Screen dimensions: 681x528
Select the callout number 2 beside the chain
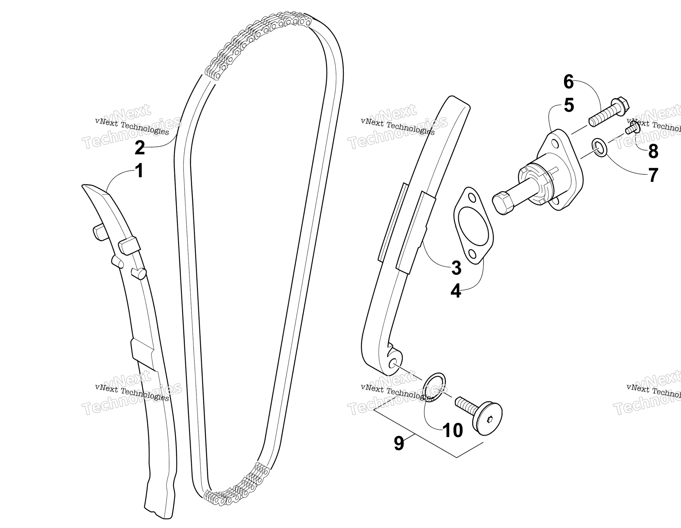click(x=140, y=147)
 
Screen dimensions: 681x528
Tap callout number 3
click(x=456, y=268)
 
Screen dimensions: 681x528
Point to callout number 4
click(x=456, y=291)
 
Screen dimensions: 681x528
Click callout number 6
click(x=569, y=82)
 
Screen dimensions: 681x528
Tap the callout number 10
click(x=452, y=431)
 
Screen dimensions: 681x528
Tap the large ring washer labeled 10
click(x=434, y=387)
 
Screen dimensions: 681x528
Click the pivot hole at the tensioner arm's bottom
click(x=394, y=364)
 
